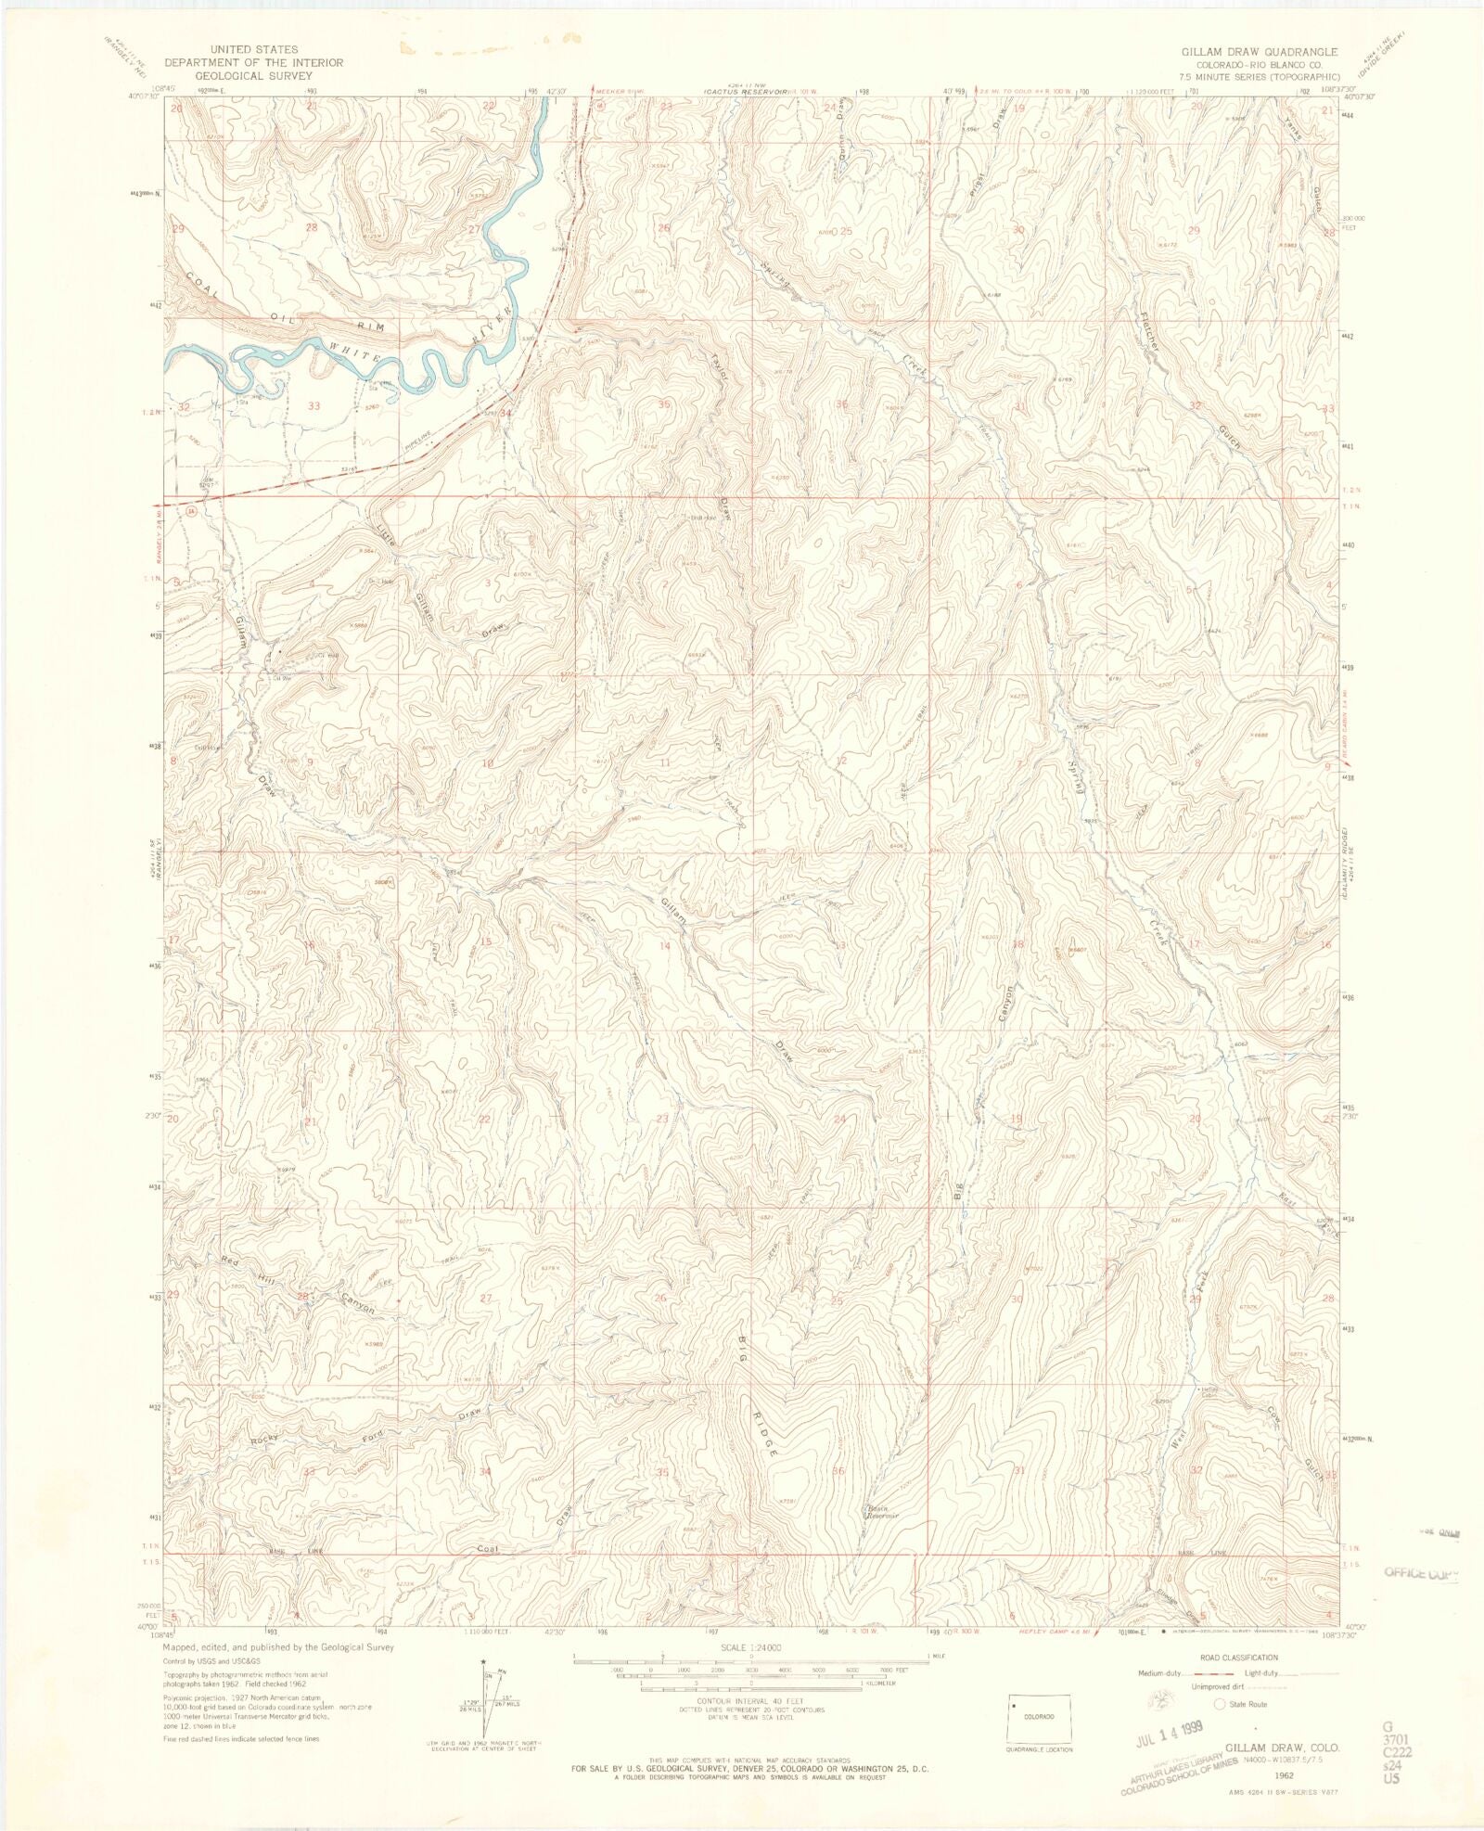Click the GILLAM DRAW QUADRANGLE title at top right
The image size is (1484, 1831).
(1259, 52)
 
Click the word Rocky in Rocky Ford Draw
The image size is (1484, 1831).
(264, 1440)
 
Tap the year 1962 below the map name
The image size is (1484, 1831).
(1285, 1774)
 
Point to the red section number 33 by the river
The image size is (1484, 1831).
(314, 406)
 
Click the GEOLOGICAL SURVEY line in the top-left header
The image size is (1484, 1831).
(253, 76)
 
